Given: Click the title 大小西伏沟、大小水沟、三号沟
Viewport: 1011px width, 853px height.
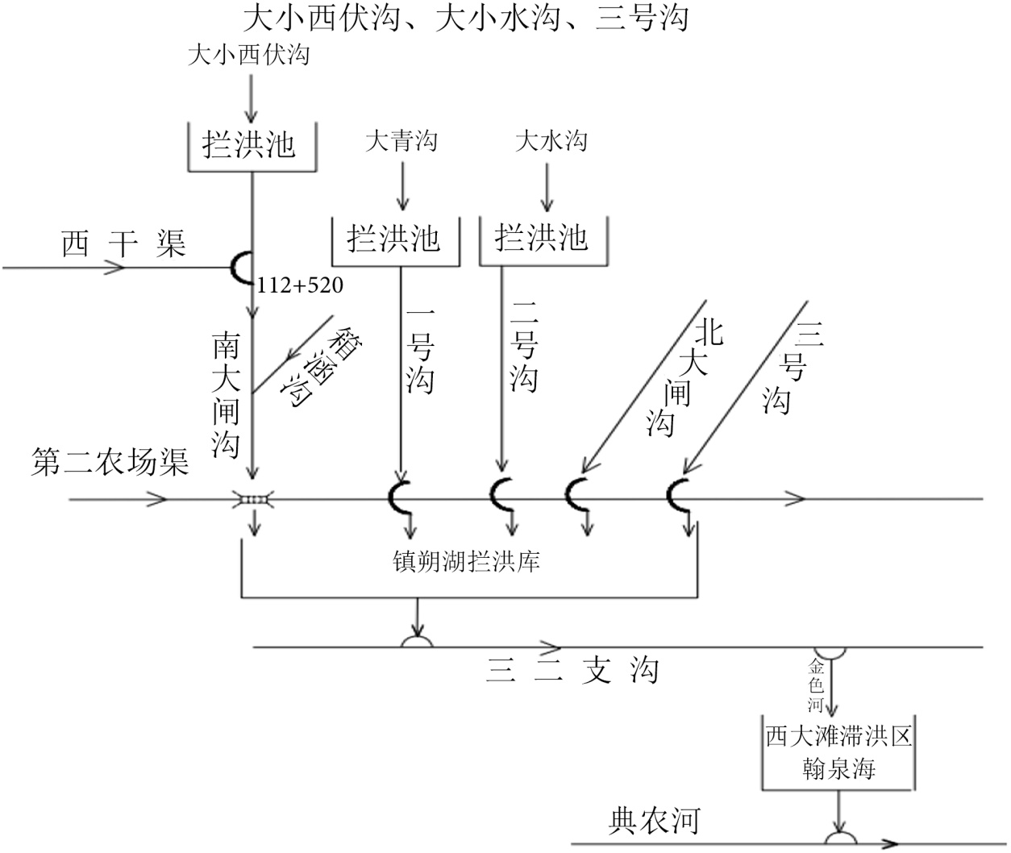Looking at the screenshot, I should tap(465, 17).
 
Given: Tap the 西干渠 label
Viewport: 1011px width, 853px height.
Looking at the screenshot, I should tap(123, 243).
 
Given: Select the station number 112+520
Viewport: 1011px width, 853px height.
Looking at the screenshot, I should tap(299, 285).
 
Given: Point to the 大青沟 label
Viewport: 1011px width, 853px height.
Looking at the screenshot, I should tap(401, 142).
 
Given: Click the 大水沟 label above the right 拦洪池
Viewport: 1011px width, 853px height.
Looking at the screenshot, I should tap(551, 142).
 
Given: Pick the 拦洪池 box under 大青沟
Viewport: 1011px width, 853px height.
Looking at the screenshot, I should tap(394, 239).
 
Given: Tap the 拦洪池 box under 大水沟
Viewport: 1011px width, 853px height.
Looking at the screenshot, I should tap(542, 239).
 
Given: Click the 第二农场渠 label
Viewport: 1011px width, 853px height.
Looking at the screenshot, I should tap(110, 463).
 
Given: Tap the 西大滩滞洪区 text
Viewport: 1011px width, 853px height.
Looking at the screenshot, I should tap(838, 736).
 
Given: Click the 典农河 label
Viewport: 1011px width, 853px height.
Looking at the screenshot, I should tap(653, 821).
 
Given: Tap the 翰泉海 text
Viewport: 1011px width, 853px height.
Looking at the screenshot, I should tap(838, 769).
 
